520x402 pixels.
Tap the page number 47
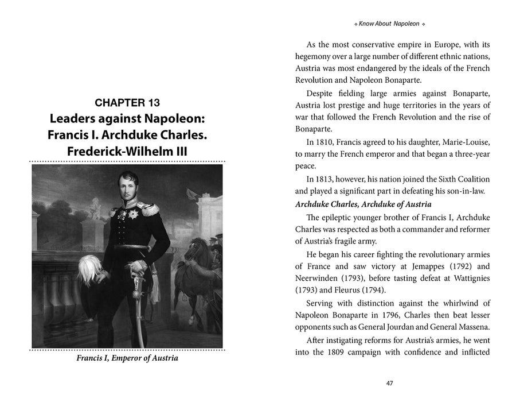click(389, 383)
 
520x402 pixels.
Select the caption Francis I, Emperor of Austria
click(127, 358)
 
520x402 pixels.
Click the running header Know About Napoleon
click(389, 25)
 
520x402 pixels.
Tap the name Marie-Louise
click(466, 142)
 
